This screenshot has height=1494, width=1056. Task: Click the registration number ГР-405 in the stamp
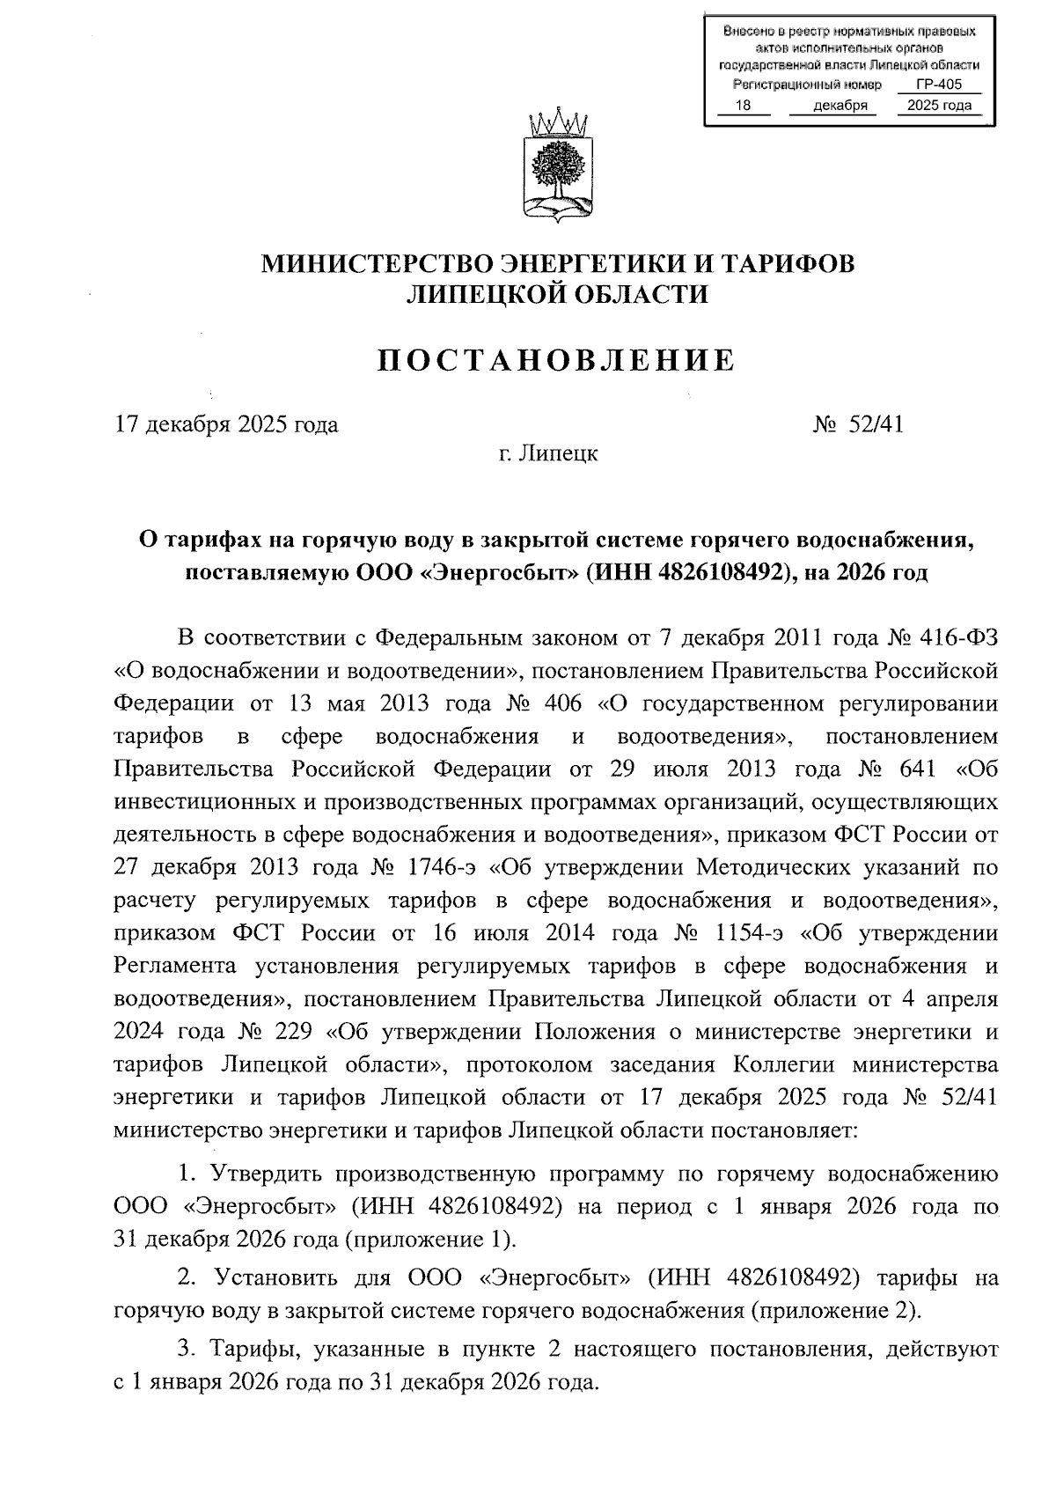click(x=938, y=85)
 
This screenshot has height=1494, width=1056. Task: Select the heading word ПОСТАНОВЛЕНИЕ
click(x=555, y=360)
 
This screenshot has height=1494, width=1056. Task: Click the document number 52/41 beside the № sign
click(x=876, y=425)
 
